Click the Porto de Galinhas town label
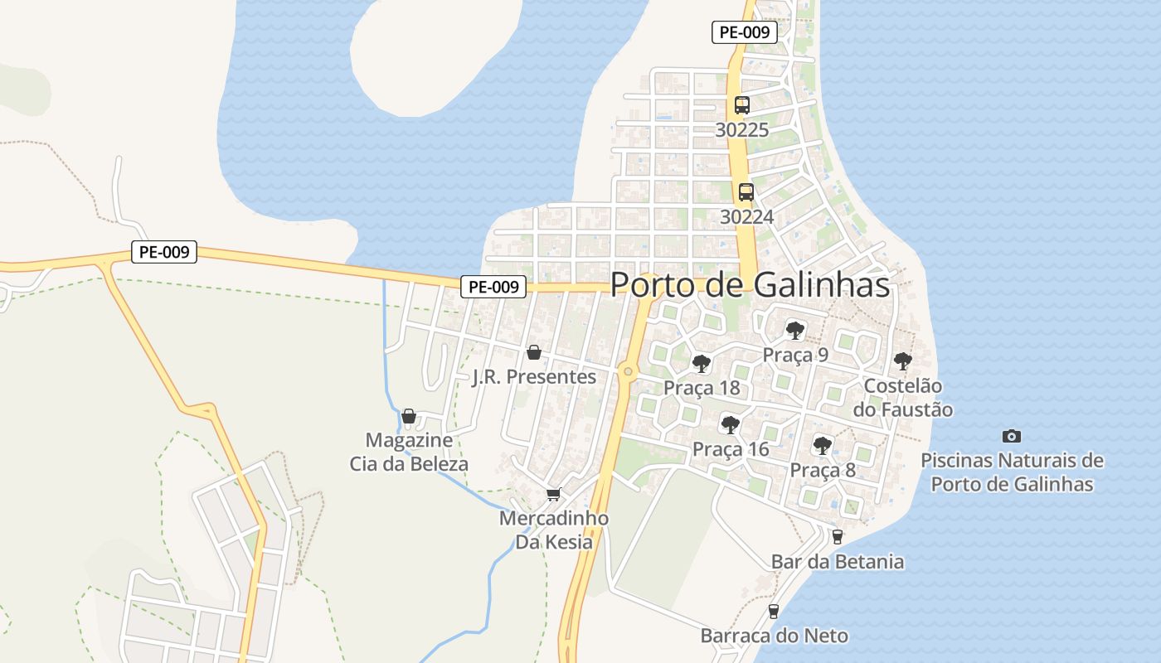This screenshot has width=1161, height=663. click(750, 285)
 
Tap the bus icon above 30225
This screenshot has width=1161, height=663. click(741, 105)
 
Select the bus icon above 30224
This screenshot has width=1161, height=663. click(746, 192)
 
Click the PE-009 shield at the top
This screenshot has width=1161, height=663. click(744, 33)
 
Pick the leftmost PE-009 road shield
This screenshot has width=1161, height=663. click(163, 252)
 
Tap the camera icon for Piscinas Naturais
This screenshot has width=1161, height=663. click(1011, 436)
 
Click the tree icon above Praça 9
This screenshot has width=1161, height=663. click(794, 331)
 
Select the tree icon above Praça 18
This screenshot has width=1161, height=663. click(701, 363)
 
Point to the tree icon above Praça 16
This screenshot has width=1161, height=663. click(730, 425)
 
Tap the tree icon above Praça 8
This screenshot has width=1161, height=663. click(821, 446)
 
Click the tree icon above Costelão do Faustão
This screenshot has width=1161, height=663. click(902, 361)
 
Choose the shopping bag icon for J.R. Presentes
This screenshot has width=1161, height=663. click(534, 352)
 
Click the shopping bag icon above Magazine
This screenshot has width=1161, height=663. click(408, 415)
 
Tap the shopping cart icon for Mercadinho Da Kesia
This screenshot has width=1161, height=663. click(553, 494)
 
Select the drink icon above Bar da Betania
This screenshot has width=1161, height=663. click(837, 537)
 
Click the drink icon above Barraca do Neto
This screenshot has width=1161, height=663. click(773, 612)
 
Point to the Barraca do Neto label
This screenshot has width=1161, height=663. click(774, 636)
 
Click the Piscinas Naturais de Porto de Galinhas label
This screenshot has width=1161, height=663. click(1012, 472)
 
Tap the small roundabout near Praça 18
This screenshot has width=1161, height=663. click(628, 371)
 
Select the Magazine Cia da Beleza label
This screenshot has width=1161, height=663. click(409, 452)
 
